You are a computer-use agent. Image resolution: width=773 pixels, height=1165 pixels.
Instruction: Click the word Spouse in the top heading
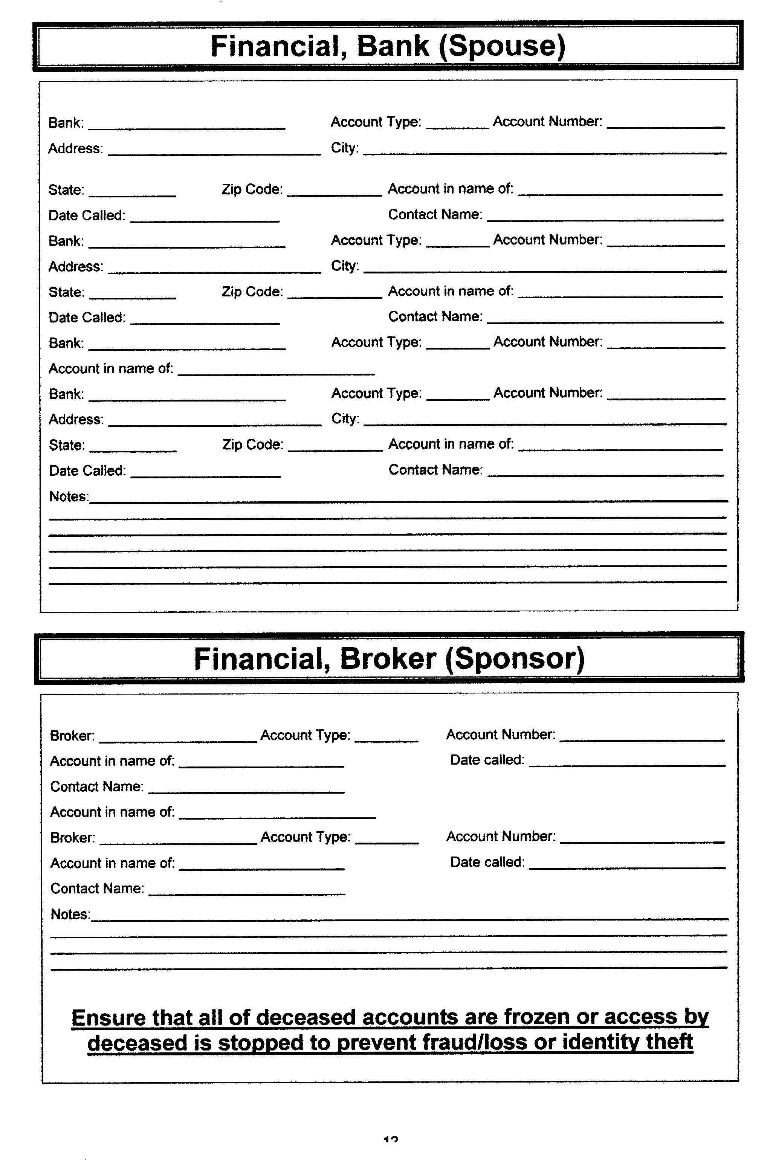(x=501, y=46)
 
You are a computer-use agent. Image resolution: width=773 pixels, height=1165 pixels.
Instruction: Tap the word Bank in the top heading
(x=393, y=46)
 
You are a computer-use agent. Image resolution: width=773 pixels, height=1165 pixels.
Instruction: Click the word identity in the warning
(x=600, y=1042)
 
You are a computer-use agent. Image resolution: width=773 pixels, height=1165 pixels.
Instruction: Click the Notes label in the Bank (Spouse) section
(x=69, y=496)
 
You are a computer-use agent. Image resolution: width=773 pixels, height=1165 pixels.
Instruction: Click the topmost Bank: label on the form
(x=66, y=123)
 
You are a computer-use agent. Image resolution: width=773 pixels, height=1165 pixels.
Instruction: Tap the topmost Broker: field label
(x=72, y=736)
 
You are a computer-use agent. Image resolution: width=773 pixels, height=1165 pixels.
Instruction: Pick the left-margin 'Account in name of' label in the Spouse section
(x=111, y=369)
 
